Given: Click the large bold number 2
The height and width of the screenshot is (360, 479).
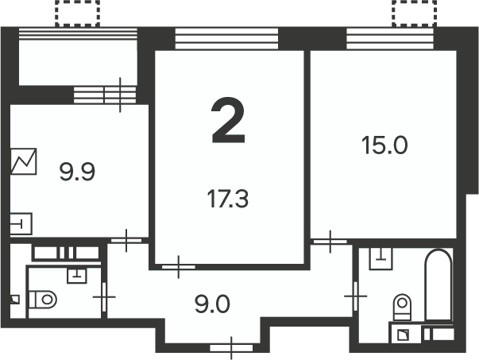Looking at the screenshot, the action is click(x=228, y=121).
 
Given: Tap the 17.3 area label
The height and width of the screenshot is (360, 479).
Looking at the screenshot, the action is click(x=228, y=199).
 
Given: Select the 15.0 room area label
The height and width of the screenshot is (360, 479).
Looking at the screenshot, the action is click(x=384, y=145).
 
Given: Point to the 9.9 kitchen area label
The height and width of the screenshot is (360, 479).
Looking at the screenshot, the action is click(x=77, y=172).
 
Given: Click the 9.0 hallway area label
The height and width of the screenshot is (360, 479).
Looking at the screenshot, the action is click(x=212, y=304).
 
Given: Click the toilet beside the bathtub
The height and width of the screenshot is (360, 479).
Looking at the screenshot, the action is click(x=402, y=307).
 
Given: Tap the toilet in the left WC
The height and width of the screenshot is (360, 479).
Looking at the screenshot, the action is click(x=43, y=300).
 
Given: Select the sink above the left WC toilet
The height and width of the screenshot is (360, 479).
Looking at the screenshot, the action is click(x=77, y=276).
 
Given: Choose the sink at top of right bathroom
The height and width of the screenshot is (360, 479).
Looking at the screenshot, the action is click(x=380, y=258).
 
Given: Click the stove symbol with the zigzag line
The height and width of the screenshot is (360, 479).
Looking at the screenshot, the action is click(x=24, y=161).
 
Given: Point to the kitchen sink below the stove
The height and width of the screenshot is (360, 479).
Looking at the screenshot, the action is click(x=21, y=224).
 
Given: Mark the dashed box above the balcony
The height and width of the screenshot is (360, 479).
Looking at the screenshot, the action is click(x=77, y=14).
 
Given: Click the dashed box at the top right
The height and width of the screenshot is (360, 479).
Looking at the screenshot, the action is click(x=414, y=14).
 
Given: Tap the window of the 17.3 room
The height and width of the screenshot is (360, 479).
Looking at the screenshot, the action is click(x=226, y=38).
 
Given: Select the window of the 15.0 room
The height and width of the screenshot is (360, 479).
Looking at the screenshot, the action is click(x=390, y=38).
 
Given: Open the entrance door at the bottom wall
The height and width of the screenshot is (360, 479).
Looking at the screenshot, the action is click(x=232, y=348).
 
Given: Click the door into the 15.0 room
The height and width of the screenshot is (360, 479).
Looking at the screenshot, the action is click(x=330, y=242).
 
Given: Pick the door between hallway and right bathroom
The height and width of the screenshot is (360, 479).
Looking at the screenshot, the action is click(x=356, y=296).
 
